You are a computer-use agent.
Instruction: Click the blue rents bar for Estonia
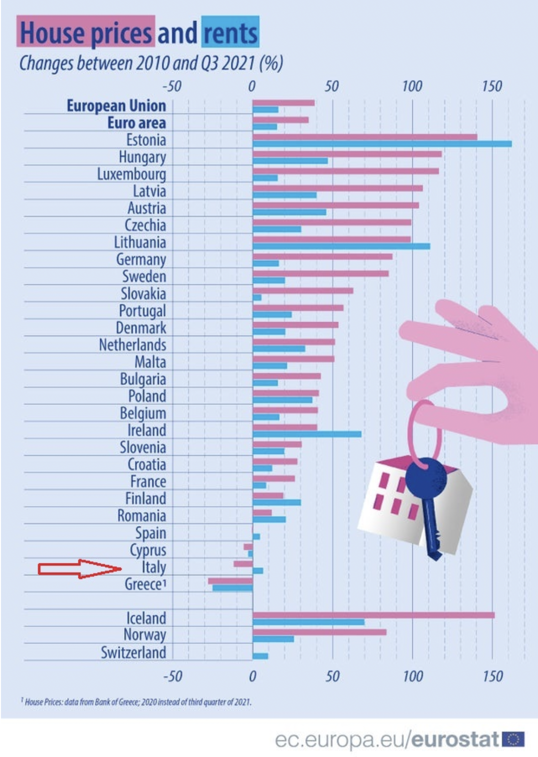382,144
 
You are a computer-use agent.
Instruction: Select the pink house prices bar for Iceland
373,615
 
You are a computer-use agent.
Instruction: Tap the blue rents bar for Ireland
307,434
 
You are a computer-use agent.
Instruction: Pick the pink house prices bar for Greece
230,581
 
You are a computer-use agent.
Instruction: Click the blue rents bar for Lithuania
341,246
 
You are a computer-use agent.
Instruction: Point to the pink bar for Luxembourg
346,171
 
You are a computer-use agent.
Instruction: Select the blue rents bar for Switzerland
260,656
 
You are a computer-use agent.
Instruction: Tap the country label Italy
154,567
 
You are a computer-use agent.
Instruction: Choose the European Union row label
116,105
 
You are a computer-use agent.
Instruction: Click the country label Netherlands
133,345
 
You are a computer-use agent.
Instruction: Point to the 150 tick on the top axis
491,86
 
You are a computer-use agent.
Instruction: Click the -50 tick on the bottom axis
172,676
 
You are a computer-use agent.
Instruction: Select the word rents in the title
230,33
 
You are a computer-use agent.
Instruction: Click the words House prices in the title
86,33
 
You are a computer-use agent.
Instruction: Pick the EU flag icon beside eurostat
513,739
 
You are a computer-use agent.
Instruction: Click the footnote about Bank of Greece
136,702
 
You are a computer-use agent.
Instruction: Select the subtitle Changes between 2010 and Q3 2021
151,63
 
